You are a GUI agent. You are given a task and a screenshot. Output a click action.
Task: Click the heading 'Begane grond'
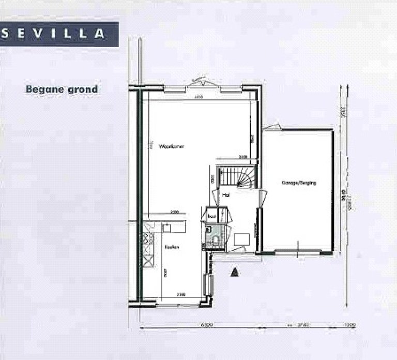click(x=62, y=89)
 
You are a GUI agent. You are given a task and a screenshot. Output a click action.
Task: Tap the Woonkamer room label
click(x=172, y=146)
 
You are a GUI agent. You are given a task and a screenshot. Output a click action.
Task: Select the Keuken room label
click(x=172, y=248)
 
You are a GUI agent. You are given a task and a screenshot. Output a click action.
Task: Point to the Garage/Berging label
click(x=299, y=183)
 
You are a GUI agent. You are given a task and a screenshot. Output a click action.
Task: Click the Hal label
click(x=226, y=196)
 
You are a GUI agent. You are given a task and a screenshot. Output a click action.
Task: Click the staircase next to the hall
click(x=237, y=176)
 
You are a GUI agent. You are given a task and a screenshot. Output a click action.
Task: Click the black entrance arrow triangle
click(x=235, y=271)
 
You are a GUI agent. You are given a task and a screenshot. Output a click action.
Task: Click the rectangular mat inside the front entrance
click(x=242, y=239)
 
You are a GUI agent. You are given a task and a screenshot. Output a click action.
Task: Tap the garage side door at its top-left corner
click(x=272, y=127)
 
